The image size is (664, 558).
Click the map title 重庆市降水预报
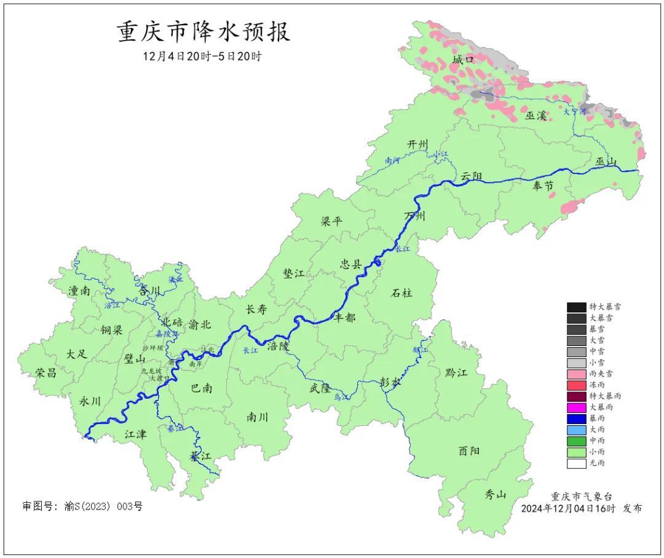pos(204,32)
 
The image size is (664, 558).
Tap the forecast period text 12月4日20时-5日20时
pos(202,57)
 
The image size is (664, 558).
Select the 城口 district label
pos(463,60)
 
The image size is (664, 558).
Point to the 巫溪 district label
pos(536,115)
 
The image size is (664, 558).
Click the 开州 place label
pos(417,144)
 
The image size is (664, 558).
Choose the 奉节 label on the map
pos(542,187)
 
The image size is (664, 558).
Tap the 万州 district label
pos(415,216)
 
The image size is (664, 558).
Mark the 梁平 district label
pos(331,222)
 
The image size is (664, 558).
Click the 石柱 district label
pos(402,293)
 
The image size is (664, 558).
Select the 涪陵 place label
pos(277,346)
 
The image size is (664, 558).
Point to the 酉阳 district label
pos(469,450)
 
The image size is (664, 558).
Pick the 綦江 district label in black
pos(200,456)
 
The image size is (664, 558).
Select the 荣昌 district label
pos(45,373)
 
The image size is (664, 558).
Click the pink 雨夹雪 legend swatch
pos(576,374)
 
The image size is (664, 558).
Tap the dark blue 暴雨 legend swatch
pos(576,418)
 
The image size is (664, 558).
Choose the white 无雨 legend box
pos(576,463)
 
